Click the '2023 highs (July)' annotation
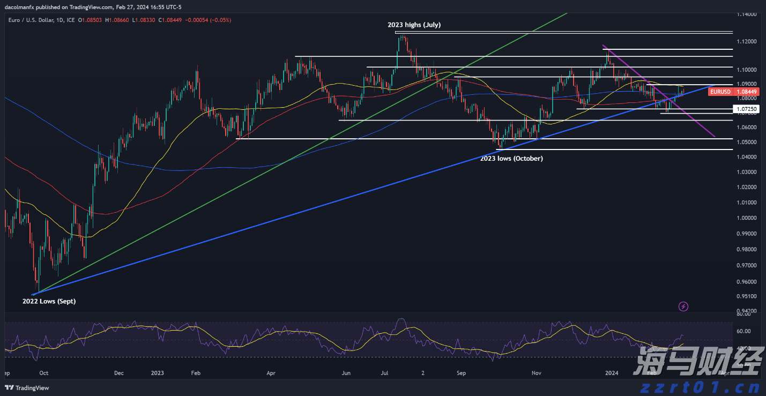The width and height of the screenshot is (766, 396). (x=414, y=25)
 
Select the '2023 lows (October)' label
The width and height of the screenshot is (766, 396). (x=511, y=159)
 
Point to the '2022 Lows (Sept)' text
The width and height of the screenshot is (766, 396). (x=49, y=301)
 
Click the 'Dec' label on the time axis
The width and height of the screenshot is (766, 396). (x=118, y=373)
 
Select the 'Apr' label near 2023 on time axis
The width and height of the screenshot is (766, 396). (x=271, y=373)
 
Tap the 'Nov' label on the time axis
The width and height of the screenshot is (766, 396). (x=536, y=373)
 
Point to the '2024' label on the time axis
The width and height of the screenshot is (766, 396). (x=611, y=373)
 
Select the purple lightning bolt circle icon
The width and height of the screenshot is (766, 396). (x=683, y=307)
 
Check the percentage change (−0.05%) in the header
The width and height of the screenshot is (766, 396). (x=221, y=20)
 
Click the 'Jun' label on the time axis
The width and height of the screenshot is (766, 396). (x=346, y=373)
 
